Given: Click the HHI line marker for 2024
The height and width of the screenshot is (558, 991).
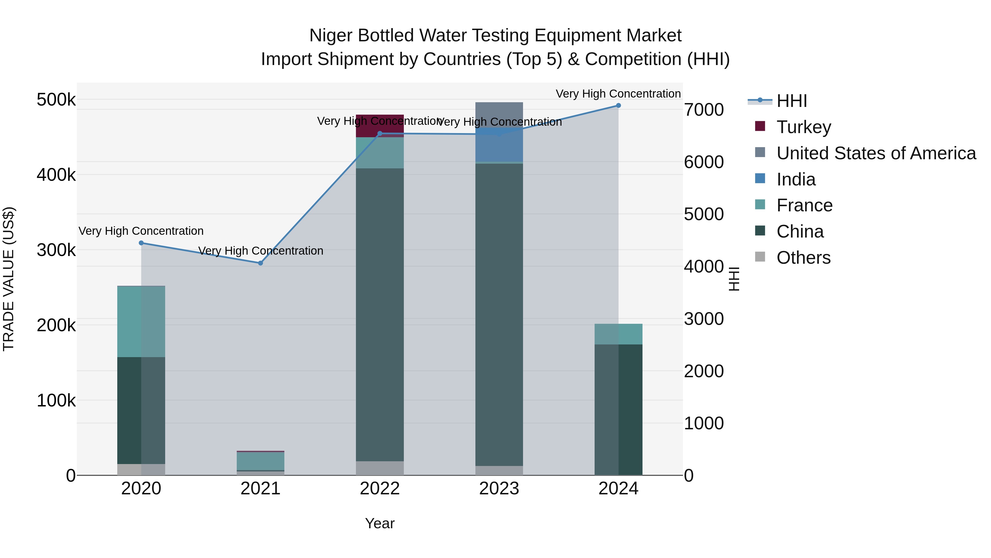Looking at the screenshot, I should (618, 106).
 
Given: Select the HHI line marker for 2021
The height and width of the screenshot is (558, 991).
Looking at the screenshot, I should (260, 263).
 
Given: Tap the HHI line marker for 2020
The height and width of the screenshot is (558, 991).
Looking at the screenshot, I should (141, 243).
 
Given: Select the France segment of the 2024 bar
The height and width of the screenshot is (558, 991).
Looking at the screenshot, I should (618, 334).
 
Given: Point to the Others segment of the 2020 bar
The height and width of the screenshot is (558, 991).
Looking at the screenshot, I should (141, 470).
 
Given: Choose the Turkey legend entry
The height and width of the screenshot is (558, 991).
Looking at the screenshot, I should (803, 127).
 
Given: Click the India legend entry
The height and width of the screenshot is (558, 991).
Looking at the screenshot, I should (796, 179).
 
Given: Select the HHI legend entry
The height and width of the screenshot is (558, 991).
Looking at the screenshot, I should (791, 101).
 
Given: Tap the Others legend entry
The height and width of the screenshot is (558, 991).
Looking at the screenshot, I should (803, 258).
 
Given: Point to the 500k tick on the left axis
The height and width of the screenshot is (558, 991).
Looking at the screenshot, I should (56, 100).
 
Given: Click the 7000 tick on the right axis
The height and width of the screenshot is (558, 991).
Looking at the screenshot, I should (704, 110).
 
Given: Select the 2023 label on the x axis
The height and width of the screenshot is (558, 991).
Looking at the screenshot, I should (499, 489).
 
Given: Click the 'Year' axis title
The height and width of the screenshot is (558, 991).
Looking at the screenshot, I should (380, 523).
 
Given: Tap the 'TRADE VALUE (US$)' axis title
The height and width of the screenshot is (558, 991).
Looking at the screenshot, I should (9, 279).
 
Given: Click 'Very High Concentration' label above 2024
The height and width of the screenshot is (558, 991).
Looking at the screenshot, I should (618, 94).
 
